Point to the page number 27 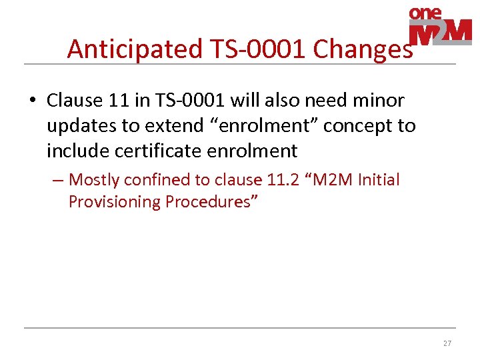point(447,344)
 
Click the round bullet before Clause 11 point(31,101)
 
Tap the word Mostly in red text point(95,180)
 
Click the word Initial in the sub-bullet point(378,180)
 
